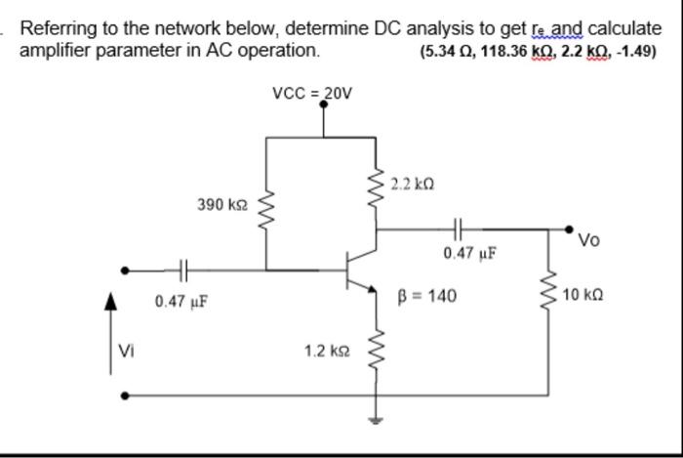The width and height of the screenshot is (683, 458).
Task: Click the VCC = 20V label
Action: click(311, 94)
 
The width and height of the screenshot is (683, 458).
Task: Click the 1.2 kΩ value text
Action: click(326, 349)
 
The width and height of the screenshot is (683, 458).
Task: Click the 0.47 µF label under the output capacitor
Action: click(470, 254)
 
